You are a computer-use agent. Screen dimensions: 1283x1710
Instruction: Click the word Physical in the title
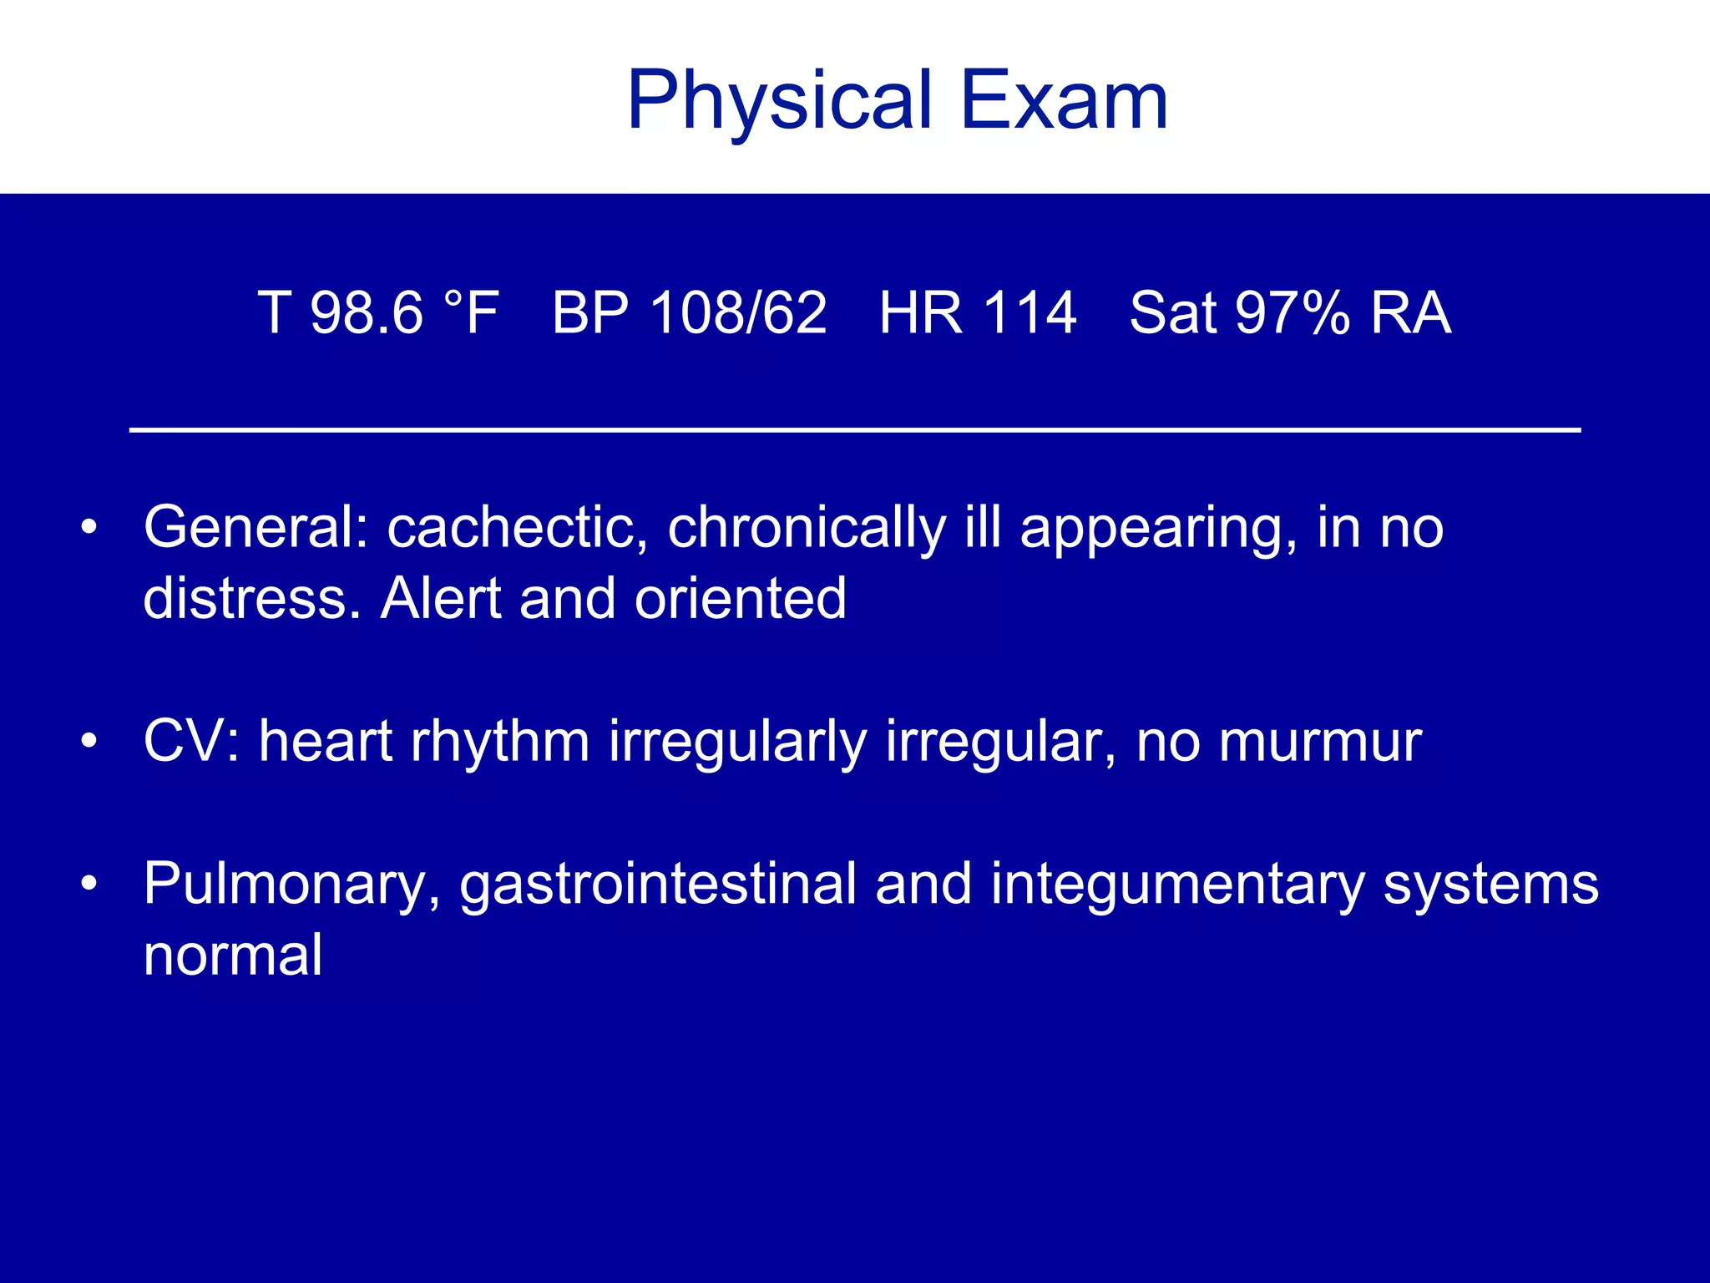tap(778, 102)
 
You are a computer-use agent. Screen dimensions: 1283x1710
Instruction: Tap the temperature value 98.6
tap(367, 313)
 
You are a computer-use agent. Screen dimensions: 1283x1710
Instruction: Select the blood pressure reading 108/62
tap(738, 313)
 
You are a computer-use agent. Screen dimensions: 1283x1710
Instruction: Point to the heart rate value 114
tap(1030, 313)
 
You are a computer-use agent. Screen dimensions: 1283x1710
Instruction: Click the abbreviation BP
tap(591, 313)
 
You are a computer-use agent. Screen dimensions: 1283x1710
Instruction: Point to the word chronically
tap(807, 528)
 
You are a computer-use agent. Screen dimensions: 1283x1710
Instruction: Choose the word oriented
tap(740, 599)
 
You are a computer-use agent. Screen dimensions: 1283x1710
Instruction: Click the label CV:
tap(191, 741)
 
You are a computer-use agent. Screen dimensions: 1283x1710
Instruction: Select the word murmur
tap(1319, 741)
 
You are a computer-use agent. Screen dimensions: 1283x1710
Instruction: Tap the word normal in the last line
tap(233, 956)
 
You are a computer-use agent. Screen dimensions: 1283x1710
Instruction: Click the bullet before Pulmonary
tap(89, 884)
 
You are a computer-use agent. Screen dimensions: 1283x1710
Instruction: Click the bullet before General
tap(89, 528)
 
